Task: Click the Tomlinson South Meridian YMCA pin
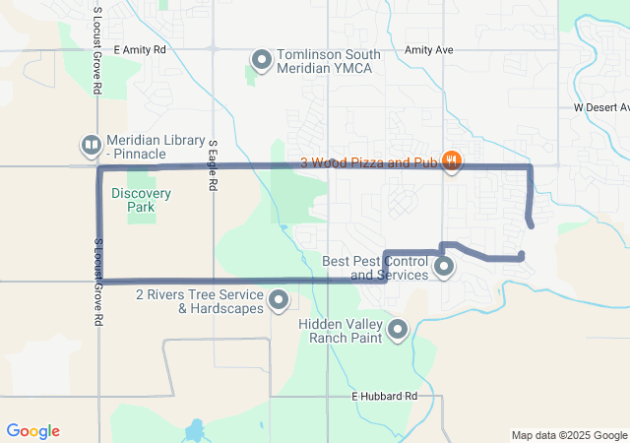pos(262,61)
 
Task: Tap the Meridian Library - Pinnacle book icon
pos(91,147)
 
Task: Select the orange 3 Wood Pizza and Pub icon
pos(451,161)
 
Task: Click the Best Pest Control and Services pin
pos(444,266)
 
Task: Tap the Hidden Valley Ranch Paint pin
pos(398,330)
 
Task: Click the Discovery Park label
pos(140,200)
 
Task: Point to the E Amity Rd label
pos(144,49)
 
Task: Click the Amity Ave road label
pos(429,49)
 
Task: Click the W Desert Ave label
pos(600,106)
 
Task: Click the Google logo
pos(32,431)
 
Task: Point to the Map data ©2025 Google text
pos(569,435)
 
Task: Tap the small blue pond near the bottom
pos(194,431)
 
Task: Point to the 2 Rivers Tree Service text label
pos(200,301)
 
